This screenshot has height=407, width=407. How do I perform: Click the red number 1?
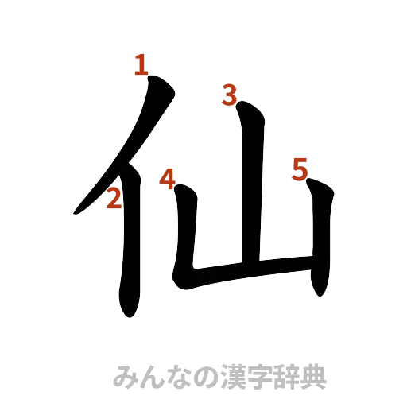point(141,65)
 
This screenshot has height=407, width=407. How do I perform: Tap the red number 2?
point(114,199)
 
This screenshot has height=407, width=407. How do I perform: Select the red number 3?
point(230,95)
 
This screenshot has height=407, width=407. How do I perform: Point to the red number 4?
point(167,179)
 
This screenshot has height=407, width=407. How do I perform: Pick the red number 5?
point(300,169)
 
